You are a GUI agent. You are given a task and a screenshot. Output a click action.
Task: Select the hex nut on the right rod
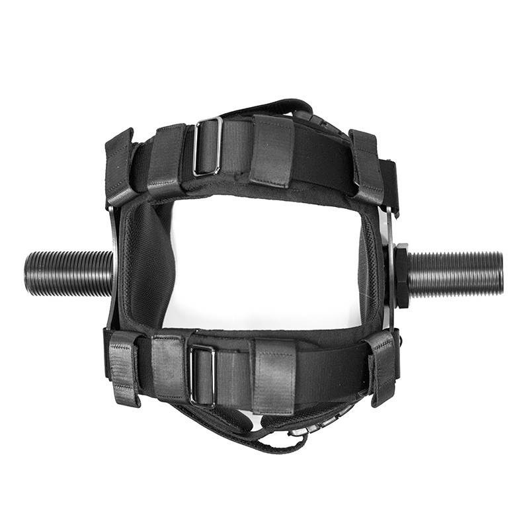401,275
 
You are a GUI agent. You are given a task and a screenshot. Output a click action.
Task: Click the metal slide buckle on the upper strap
207,146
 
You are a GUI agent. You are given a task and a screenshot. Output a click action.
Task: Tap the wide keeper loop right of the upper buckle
271,151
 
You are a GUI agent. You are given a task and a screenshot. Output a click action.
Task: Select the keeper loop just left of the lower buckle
169,366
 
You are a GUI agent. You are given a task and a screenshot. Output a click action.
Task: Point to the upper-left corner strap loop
120,167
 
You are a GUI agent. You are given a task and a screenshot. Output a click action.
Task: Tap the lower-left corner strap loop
124,367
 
